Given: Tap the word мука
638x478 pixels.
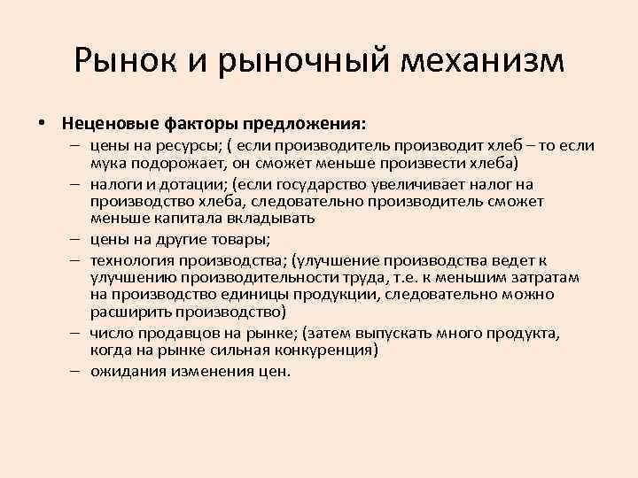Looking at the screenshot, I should click(110, 165).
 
